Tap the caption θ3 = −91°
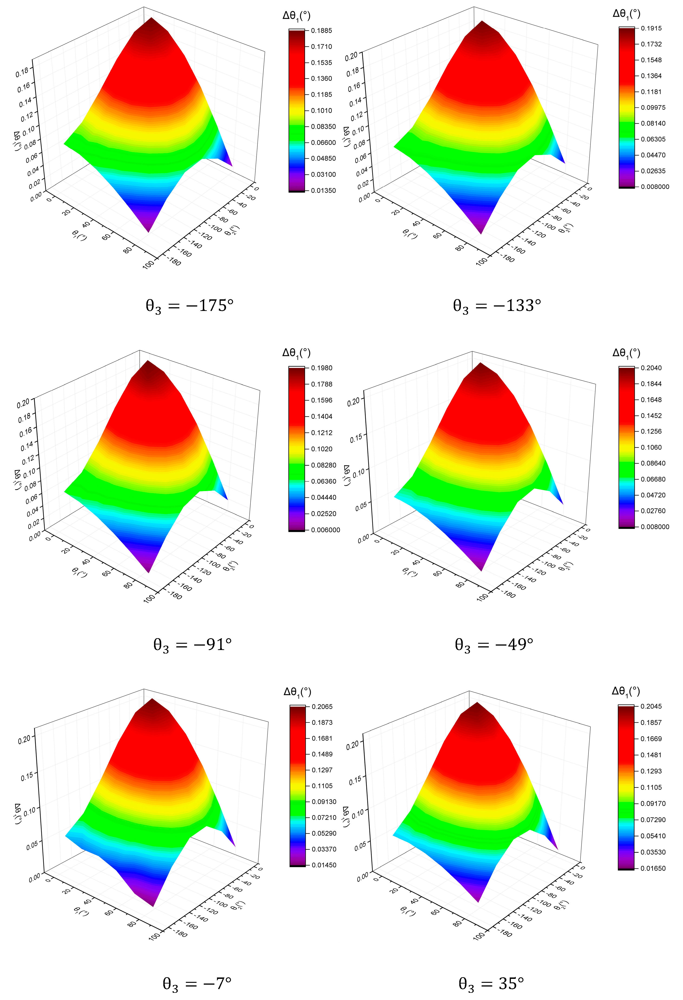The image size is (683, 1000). click(193, 645)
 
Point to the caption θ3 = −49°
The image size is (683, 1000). click(494, 645)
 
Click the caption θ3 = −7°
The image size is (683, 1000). click(197, 983)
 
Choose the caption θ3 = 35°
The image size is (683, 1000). click(491, 983)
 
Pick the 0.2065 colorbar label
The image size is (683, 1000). click(322, 706)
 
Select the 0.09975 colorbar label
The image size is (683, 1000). click(653, 108)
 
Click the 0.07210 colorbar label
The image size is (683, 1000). click(324, 818)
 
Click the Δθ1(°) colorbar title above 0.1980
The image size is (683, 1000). click(296, 353)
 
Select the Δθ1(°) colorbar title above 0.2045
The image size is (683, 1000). click(626, 691)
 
